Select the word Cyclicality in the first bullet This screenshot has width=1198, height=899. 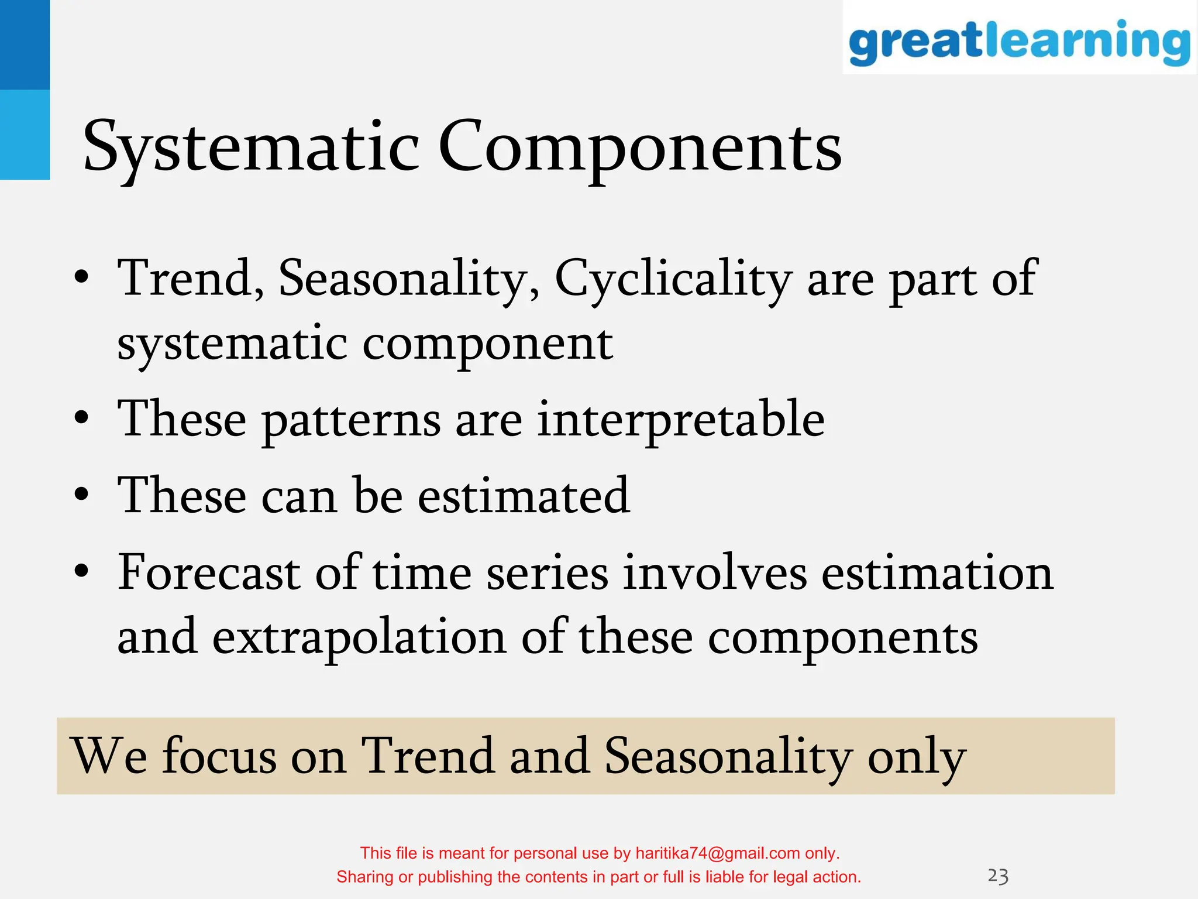pyautogui.click(x=673, y=280)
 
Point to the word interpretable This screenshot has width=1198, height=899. pyautogui.click(x=680, y=420)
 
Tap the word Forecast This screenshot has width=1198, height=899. pyautogui.click(x=209, y=572)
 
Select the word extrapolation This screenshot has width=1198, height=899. pyautogui.click(x=359, y=638)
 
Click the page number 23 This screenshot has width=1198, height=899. pyautogui.click(x=998, y=876)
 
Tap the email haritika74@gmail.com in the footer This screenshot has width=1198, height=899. pyautogui.click(x=717, y=853)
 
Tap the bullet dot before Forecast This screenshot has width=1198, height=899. pyautogui.click(x=82, y=570)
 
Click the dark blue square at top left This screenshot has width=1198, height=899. pyautogui.click(x=25, y=44)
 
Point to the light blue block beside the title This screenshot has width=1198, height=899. pyautogui.click(x=25, y=135)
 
